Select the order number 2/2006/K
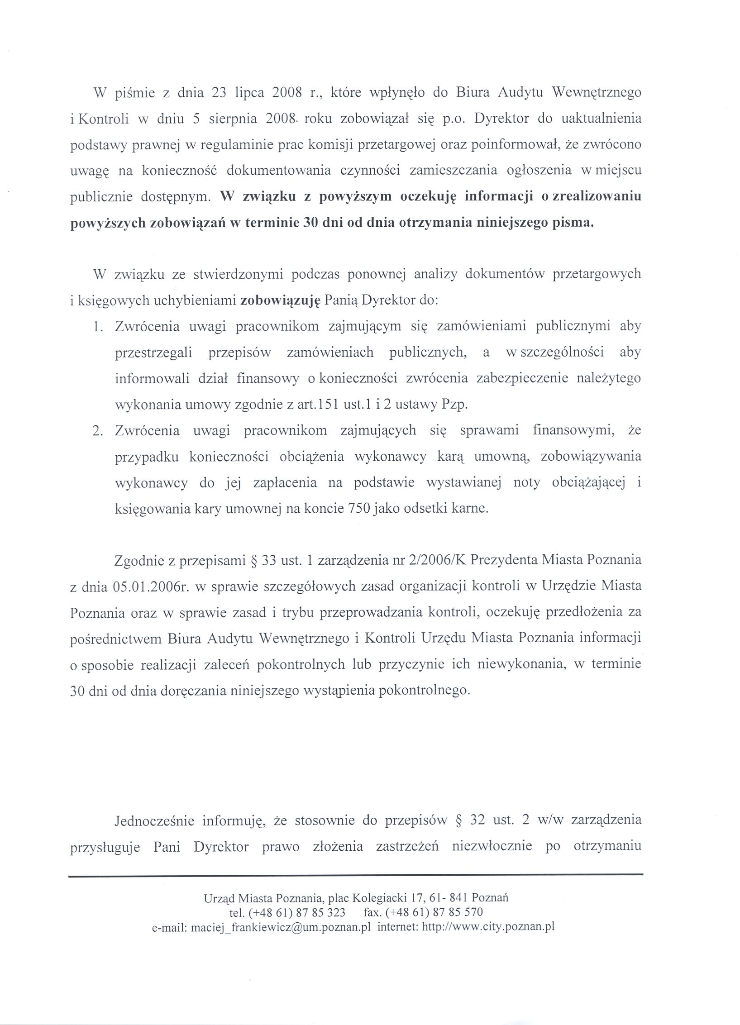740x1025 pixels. point(437,560)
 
